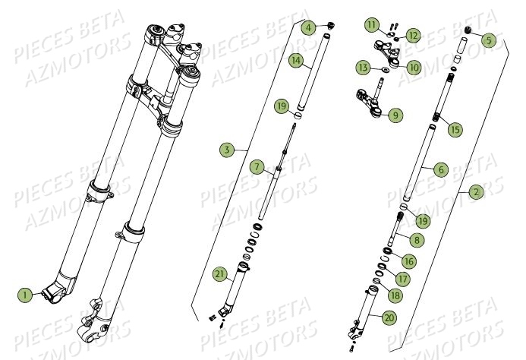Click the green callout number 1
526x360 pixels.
[x=26, y=294]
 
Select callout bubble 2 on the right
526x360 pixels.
[x=476, y=192]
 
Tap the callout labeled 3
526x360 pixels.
[x=226, y=150]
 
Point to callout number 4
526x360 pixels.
[x=307, y=28]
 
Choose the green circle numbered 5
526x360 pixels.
[x=488, y=39]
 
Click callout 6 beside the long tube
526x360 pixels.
[x=439, y=171]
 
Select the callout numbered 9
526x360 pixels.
[x=395, y=115]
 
